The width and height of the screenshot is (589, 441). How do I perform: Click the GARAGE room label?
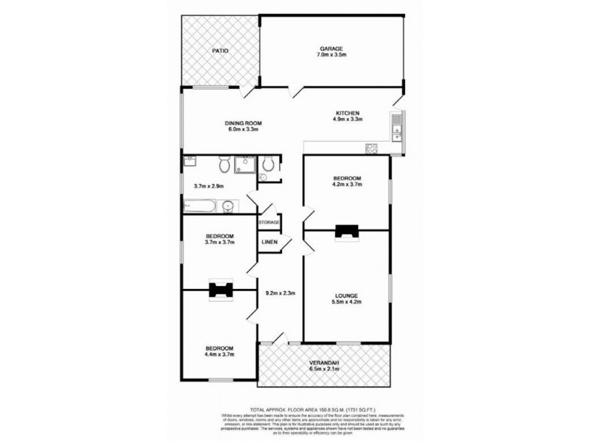point(330,49)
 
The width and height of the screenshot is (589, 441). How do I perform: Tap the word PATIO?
point(219,51)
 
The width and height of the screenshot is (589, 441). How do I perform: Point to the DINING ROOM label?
point(244,123)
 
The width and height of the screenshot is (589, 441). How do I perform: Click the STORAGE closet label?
point(269,221)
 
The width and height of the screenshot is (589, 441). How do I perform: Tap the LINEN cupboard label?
point(268,242)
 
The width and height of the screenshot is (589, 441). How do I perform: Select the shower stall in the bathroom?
point(244,165)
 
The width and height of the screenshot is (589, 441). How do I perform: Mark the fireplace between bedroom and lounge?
point(345,232)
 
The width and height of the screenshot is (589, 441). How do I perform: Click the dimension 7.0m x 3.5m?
point(330,56)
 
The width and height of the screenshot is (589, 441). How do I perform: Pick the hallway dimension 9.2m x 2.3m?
point(280,294)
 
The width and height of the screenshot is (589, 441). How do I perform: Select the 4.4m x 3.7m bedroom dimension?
point(219,355)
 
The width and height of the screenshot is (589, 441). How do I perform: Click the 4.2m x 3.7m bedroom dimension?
point(346,186)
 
